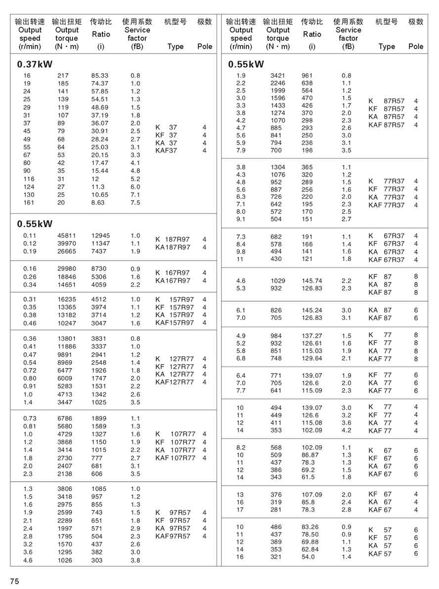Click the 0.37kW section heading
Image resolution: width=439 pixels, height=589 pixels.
click(x=35, y=64)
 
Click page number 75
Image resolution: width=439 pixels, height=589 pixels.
click(x=15, y=581)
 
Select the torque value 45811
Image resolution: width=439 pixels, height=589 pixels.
click(x=67, y=236)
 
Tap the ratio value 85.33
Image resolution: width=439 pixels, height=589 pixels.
click(x=100, y=76)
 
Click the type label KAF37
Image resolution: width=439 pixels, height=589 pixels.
click(x=166, y=151)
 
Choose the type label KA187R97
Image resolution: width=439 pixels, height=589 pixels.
click(x=173, y=247)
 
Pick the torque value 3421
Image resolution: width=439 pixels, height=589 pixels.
click(x=278, y=76)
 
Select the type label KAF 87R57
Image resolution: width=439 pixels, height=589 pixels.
click(x=386, y=125)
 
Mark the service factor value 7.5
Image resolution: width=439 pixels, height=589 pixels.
click(x=135, y=202)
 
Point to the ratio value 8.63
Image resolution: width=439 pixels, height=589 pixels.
click(x=98, y=202)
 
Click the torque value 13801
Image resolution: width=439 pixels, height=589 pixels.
click(x=67, y=338)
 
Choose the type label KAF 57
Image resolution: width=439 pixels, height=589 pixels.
click(x=380, y=554)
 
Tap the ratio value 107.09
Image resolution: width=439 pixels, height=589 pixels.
click(x=312, y=495)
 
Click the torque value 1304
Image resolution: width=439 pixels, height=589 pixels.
click(x=278, y=167)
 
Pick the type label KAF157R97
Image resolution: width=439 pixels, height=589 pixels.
click(x=175, y=323)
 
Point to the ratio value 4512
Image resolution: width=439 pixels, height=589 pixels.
click(x=99, y=299)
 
